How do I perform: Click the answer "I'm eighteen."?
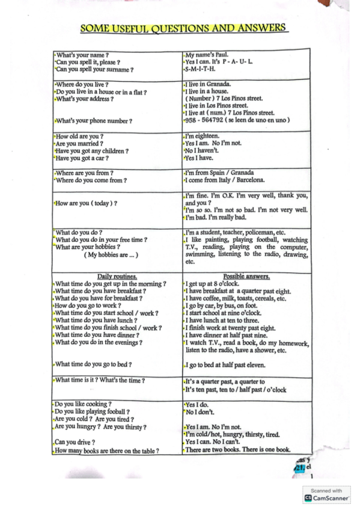tap(202, 136)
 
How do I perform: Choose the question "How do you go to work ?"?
tap(92, 306)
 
